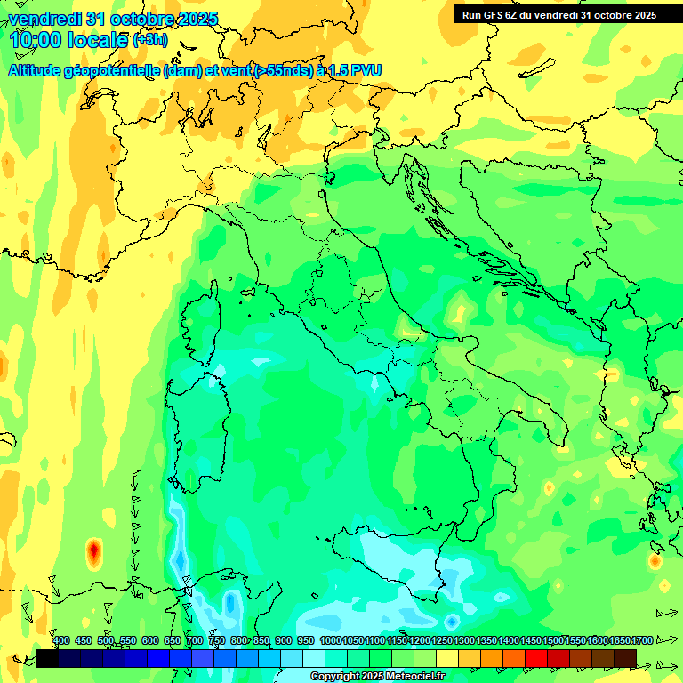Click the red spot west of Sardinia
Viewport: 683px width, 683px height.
click(93, 553)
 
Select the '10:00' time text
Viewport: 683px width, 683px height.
click(36, 40)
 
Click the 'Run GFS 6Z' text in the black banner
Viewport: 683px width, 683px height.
click(497, 14)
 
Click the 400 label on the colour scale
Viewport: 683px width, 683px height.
click(61, 641)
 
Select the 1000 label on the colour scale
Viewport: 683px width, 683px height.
click(330, 641)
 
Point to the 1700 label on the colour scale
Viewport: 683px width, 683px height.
click(642, 641)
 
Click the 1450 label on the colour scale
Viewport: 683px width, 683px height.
click(531, 641)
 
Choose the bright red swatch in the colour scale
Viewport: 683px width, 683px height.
click(536, 658)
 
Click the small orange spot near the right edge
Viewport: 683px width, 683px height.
click(655, 561)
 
